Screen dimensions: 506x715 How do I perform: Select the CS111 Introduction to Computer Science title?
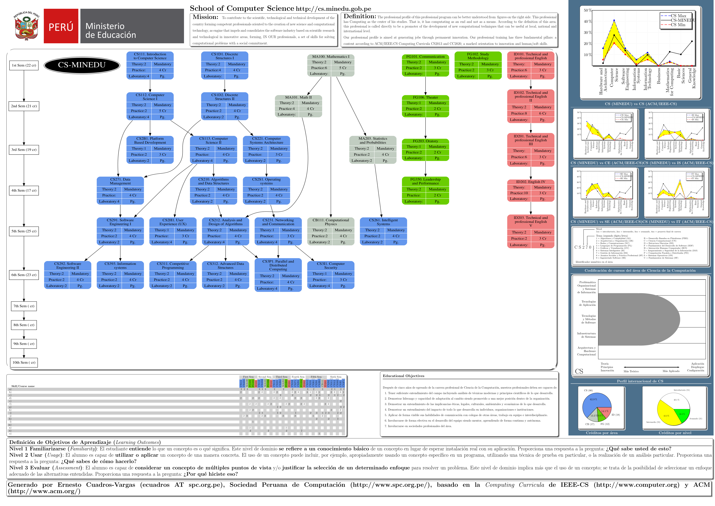150,56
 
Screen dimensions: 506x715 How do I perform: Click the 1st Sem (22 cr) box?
24,65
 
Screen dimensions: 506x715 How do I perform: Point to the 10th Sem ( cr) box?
24,362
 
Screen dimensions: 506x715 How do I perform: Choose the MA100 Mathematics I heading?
331,57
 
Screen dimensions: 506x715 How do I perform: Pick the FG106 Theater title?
425,97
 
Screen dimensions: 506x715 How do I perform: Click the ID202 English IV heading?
531,182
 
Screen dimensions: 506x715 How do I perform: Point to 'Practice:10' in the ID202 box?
519,193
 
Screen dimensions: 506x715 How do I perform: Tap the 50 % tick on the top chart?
587,10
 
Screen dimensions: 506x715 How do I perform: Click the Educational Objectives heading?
403,376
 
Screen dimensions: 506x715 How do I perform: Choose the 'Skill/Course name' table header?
23,386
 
